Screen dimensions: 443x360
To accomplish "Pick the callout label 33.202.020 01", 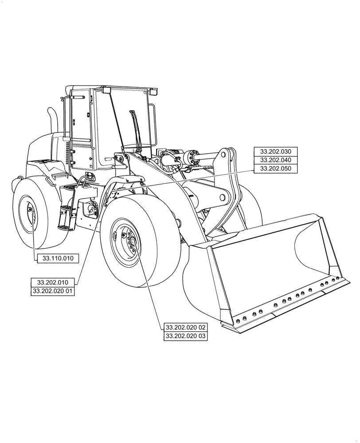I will click(x=52, y=291).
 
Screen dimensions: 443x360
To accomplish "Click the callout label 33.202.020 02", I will click(x=185, y=327).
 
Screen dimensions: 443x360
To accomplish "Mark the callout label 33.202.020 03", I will click(x=185, y=336).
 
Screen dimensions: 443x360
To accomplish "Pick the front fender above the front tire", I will click(x=124, y=184).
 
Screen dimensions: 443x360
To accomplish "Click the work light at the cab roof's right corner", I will click(x=153, y=92).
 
